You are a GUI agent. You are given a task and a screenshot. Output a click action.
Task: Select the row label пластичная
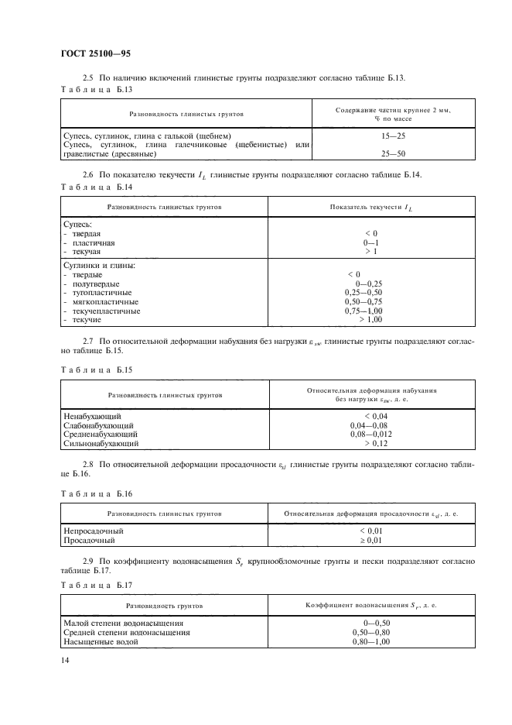coord(94,242)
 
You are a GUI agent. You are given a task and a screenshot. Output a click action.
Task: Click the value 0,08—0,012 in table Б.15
coord(370,435)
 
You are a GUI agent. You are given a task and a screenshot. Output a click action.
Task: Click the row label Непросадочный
coord(93,531)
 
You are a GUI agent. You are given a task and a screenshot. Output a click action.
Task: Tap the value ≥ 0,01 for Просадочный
coord(371,540)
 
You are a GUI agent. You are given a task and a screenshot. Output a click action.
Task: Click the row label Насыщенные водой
coord(97,641)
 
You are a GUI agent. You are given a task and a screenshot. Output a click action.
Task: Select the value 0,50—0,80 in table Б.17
coord(370,632)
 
